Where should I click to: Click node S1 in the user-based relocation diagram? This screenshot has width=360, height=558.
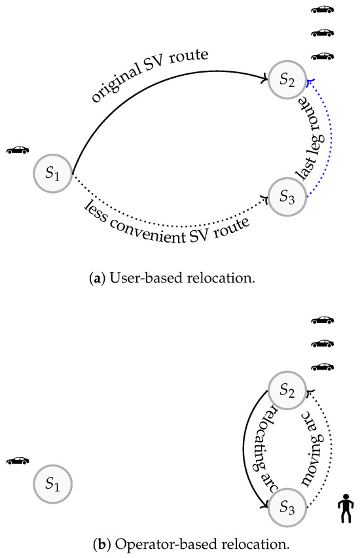tap(52, 174)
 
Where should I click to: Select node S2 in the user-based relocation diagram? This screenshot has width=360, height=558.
tap(288, 81)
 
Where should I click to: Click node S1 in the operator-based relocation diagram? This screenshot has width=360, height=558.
tap(52, 485)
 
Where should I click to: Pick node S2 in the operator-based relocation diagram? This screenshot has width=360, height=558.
tap(288, 392)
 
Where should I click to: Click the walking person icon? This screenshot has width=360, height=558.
tap(344, 509)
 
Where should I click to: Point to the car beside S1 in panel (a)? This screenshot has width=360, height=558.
tap(18, 150)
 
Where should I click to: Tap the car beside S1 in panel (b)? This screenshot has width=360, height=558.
tap(18, 461)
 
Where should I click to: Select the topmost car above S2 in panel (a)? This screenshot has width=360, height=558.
tap(322, 9)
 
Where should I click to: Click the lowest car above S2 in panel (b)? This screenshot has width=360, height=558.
tap(322, 367)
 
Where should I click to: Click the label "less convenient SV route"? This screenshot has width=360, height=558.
tap(168, 222)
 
